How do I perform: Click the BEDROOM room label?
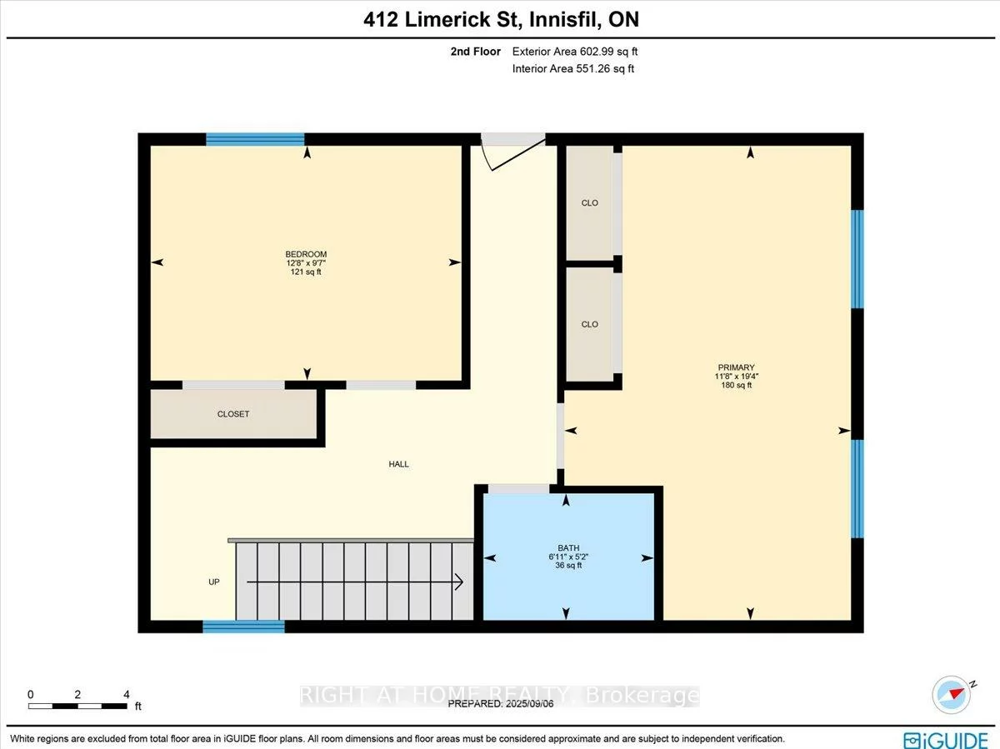pyautogui.click(x=306, y=254)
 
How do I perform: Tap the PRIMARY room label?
pyautogui.click(x=736, y=367)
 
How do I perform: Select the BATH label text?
pyautogui.click(x=568, y=548)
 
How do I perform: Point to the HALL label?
pyautogui.click(x=399, y=464)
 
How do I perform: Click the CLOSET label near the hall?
pyautogui.click(x=233, y=414)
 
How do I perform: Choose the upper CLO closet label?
pyautogui.click(x=590, y=203)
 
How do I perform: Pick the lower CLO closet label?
pyautogui.click(x=590, y=324)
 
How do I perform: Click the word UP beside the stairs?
pyautogui.click(x=214, y=582)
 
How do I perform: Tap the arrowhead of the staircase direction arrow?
pyautogui.click(x=459, y=582)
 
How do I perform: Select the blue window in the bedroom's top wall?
pyautogui.click(x=255, y=140)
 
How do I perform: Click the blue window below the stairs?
pyautogui.click(x=244, y=627)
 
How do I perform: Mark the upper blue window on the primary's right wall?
pyautogui.click(x=857, y=259)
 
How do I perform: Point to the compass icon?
pyautogui.click(x=952, y=693)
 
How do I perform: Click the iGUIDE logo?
pyautogui.click(x=946, y=739)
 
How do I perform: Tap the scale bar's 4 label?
pyautogui.click(x=126, y=694)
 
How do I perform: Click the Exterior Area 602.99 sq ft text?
pyautogui.click(x=575, y=52)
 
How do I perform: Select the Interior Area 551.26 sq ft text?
pyautogui.click(x=573, y=69)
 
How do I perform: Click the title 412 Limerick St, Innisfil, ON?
pyautogui.click(x=501, y=20)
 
